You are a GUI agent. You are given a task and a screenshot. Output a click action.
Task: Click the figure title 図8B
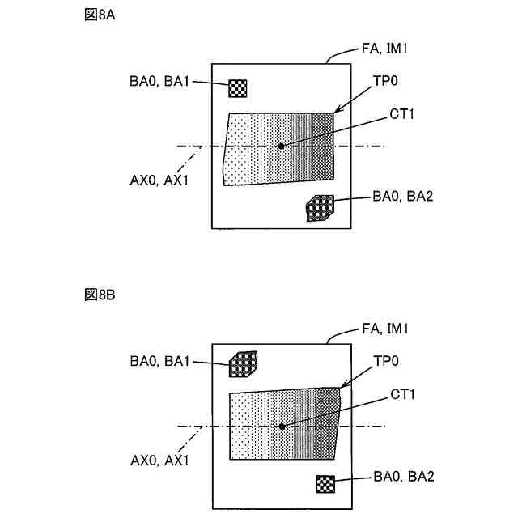point(99,293)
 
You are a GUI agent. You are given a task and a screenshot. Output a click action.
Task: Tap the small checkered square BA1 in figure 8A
point(237,87)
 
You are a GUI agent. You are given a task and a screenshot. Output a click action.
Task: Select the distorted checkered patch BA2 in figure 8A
point(320,208)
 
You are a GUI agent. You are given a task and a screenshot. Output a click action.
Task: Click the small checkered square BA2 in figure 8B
point(325,484)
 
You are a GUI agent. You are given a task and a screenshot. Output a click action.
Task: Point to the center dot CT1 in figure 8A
point(281,146)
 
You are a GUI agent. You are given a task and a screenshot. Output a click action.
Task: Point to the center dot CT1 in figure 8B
point(282,426)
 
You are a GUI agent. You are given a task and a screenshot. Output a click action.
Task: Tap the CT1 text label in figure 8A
point(402,114)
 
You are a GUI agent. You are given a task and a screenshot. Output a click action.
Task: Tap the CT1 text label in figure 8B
point(402,394)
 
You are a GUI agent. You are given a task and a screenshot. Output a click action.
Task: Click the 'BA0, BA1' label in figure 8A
point(158,81)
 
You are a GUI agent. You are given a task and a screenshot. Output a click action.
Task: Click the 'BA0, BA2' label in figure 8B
point(402,476)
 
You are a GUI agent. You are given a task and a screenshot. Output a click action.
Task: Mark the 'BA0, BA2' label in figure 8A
point(402,196)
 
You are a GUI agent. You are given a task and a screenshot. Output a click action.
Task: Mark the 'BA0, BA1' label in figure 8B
point(158,362)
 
